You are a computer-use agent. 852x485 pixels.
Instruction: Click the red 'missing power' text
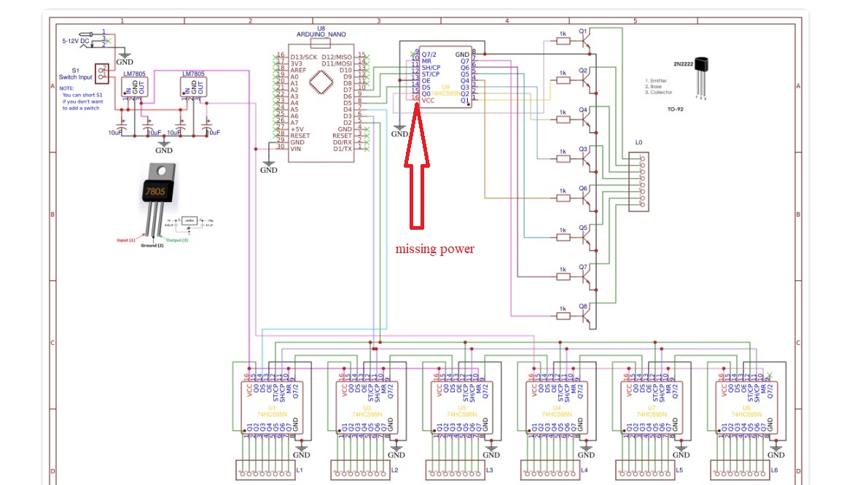pos(435,249)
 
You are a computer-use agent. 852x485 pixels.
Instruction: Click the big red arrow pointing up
pos(417,168)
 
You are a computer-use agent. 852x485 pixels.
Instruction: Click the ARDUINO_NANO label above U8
pos(321,34)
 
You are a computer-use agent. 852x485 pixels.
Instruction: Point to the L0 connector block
pos(638,182)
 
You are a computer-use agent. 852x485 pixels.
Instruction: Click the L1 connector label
pos(300,470)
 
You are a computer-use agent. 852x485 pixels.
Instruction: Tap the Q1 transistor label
pos(582,31)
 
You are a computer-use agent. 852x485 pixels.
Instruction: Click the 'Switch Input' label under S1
pos(75,77)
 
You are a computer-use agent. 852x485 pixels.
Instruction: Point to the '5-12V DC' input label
pos(75,41)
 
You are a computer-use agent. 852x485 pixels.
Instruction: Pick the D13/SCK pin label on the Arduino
pos(304,57)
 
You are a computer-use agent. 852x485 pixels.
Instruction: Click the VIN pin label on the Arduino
pos(296,148)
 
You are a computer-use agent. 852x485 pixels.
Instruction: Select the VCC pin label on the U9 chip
pos(429,101)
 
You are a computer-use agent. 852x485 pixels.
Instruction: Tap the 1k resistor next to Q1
pos(562,41)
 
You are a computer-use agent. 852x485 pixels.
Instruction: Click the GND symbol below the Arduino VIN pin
pos(269,167)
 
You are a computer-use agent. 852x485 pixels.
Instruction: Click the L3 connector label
pos(490,470)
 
